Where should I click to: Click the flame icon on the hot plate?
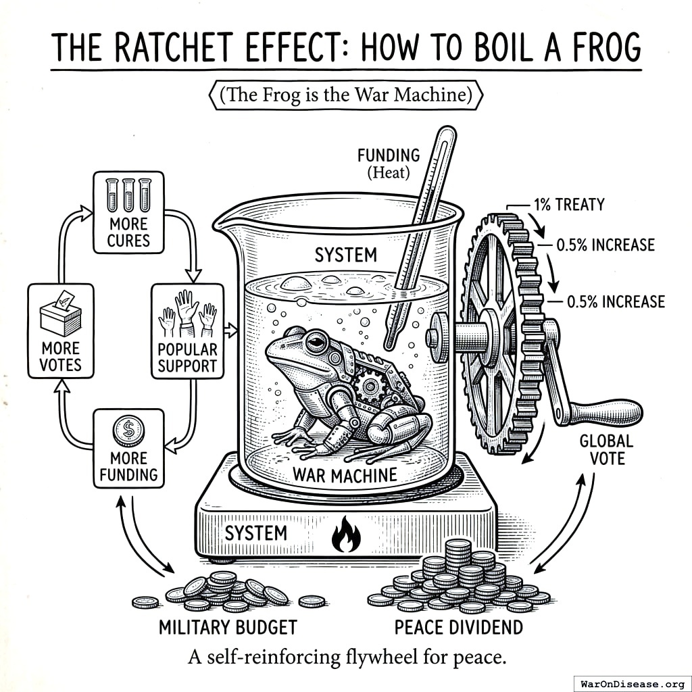tap(345, 535)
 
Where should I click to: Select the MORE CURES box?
tap(128, 212)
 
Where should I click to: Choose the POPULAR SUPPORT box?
tap(187, 330)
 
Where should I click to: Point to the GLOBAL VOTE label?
tap(606, 450)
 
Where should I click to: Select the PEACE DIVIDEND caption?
tap(458, 627)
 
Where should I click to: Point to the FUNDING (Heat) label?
tap(389, 164)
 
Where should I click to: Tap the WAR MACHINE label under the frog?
tap(345, 474)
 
